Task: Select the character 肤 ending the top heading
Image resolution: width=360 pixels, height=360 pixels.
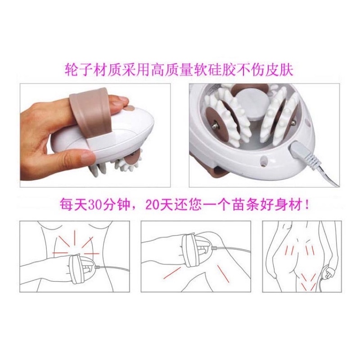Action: pyautogui.click(x=287, y=70)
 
